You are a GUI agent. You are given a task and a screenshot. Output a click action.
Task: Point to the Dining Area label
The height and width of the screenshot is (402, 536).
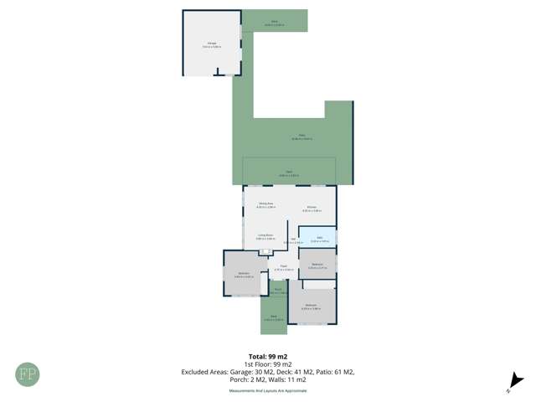tap(266, 205)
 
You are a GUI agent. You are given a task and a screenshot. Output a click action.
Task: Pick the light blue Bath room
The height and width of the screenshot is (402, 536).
tap(317, 238)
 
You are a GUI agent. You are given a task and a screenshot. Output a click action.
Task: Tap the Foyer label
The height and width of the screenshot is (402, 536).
tap(282, 268)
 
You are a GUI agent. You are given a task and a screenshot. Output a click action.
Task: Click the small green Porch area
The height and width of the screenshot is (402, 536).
tap(278, 291)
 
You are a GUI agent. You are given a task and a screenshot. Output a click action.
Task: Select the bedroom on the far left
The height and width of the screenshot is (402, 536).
tap(243, 274)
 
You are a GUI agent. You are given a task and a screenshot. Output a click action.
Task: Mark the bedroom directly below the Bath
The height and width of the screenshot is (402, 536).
tap(317, 265)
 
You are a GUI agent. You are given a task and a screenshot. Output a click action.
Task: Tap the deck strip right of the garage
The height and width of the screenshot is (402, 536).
tap(274, 23)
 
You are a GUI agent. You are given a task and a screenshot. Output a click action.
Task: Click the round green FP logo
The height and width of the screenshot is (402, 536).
tap(27, 374)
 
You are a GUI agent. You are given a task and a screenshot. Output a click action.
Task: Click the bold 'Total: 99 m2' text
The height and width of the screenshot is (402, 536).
tap(268, 357)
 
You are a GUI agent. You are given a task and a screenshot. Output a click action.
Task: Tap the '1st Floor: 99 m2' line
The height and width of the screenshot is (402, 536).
tap(268, 364)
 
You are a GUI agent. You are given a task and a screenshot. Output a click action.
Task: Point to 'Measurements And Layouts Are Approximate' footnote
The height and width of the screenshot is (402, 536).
tap(268, 390)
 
